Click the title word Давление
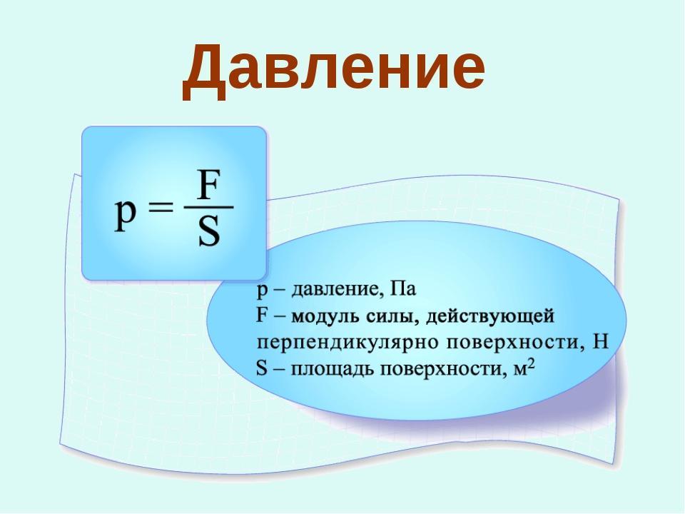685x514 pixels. [x=334, y=69]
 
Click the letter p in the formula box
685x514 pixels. [x=126, y=214]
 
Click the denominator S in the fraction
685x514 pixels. [x=209, y=231]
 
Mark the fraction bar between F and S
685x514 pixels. [x=209, y=207]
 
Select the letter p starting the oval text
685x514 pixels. [x=262, y=291]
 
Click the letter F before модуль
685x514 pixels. [x=262, y=315]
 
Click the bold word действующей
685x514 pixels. [x=489, y=316]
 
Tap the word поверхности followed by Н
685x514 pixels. [x=515, y=342]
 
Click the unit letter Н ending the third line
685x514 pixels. [x=600, y=341]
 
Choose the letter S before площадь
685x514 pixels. [x=262, y=368]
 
